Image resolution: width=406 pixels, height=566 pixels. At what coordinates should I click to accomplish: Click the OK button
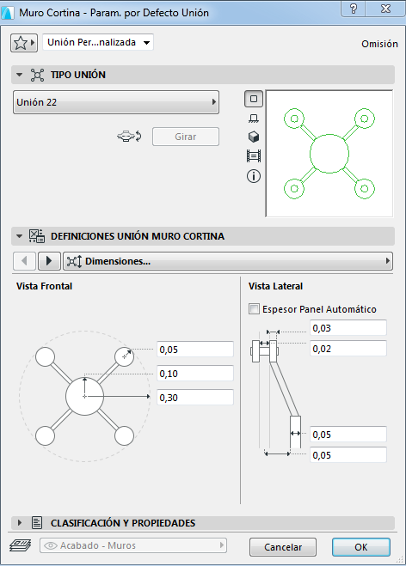[x=360, y=547]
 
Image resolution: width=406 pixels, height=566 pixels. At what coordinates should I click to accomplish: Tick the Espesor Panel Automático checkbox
[x=254, y=309]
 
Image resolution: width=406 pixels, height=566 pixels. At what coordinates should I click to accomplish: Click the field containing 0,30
[x=195, y=398]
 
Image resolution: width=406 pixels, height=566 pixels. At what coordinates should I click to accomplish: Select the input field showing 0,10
[x=195, y=374]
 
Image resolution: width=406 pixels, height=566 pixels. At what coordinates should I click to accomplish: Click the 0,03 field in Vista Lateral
[x=348, y=328]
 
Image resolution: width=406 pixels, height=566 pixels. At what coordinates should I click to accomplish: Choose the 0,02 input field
[x=348, y=349]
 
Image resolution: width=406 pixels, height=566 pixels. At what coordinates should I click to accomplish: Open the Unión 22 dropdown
[x=116, y=102]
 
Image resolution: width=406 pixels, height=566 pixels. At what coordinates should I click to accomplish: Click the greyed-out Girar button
[x=186, y=137]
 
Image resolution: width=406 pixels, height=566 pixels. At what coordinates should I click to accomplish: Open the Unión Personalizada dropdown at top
[x=98, y=42]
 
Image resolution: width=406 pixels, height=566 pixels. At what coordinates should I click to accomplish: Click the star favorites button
[x=24, y=43]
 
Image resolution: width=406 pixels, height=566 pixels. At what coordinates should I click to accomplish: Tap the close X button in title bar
[x=385, y=9]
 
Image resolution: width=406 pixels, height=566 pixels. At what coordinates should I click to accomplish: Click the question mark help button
[x=354, y=9]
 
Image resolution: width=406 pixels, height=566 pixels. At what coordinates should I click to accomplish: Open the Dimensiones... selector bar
[x=228, y=261]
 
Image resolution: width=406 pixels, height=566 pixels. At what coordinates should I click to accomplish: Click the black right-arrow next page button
[x=49, y=260]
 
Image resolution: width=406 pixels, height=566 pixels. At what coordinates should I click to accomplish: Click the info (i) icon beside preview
[x=254, y=176]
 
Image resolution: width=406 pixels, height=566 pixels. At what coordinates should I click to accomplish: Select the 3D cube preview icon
[x=254, y=137]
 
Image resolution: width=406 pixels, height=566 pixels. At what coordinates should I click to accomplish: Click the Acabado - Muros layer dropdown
[x=133, y=545]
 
